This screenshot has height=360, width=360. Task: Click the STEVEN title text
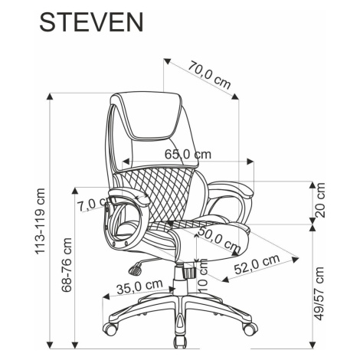pyautogui.click(x=91, y=22)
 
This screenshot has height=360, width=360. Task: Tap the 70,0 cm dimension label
pyautogui.click(x=209, y=75)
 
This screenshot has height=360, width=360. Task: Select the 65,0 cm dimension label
pyautogui.click(x=188, y=154)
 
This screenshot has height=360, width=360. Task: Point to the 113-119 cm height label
pyautogui.click(x=41, y=221)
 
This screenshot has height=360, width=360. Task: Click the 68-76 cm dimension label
pyautogui.click(x=67, y=265)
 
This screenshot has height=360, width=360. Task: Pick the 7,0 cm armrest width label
pyautogui.click(x=91, y=205)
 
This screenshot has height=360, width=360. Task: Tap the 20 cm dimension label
pyautogui.click(x=320, y=201)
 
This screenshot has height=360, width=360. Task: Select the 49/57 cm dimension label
pyautogui.click(x=319, y=294)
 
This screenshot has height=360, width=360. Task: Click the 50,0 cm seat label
pyautogui.click(x=220, y=239)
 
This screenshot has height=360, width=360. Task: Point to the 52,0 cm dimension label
pyautogui.click(x=257, y=264)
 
